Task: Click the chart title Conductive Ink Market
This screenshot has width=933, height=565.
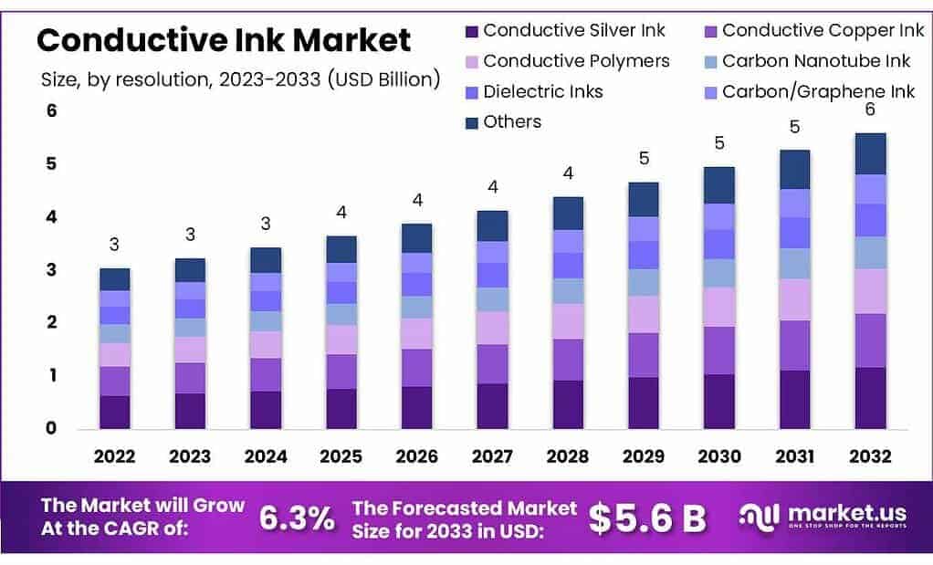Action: pos(224,40)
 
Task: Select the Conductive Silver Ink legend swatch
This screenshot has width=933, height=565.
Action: pos(472,31)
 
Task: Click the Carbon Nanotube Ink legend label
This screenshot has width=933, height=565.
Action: pos(816,61)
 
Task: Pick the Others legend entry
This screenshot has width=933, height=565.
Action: pos(512,122)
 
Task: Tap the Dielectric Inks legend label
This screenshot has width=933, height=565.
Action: pos(543,91)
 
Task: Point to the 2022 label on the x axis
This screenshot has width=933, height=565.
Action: pos(114,457)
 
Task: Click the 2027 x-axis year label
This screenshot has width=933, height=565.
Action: pos(493,457)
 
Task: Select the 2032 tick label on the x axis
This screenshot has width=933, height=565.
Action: pos(870,457)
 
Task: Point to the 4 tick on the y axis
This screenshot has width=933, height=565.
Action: pos(52,217)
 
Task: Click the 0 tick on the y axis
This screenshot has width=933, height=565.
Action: pos(52,428)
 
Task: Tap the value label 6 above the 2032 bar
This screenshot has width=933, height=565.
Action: pos(870,110)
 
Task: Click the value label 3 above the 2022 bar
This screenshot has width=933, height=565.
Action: pos(114,245)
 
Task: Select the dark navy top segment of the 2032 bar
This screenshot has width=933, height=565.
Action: pos(870,153)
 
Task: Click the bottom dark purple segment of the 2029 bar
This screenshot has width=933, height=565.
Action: pos(644,403)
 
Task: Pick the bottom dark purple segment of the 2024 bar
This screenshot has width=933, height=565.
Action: pos(266,410)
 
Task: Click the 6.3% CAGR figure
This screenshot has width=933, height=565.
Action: pos(297,518)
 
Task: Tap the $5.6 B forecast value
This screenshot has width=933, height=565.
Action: pos(646,518)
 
